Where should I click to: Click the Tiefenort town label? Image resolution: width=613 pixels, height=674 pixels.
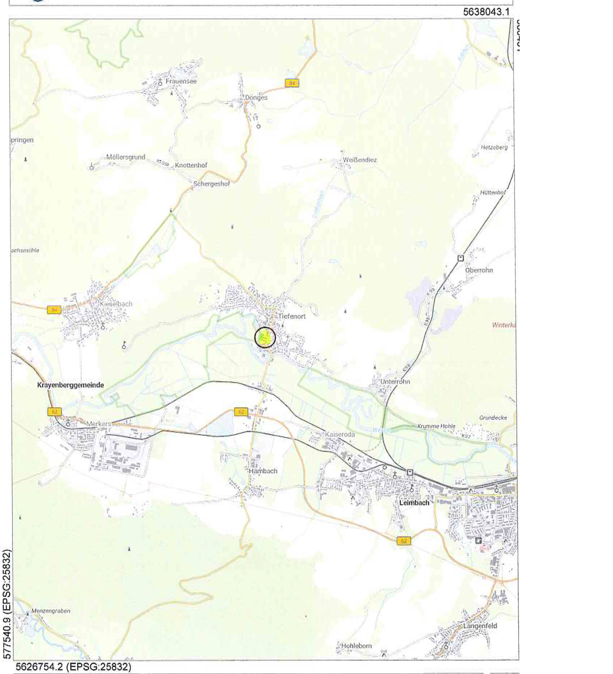[292, 316]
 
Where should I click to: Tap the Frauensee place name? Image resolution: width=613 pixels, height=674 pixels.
[181, 81]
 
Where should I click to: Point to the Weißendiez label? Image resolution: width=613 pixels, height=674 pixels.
[360, 160]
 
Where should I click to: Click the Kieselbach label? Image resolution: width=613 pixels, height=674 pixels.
[116, 304]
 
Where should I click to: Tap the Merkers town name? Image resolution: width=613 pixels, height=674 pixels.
[98, 424]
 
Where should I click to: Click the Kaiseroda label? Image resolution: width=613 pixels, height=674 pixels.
[340, 434]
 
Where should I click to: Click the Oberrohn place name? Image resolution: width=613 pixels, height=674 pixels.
[479, 270]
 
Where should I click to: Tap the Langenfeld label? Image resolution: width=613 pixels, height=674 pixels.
[480, 626]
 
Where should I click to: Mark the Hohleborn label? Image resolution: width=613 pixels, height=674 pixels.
[356, 646]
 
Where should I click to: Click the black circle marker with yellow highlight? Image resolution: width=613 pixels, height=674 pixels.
[265, 338]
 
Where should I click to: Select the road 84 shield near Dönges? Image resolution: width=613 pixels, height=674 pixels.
[292, 83]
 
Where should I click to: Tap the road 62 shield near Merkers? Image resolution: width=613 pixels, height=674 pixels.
[54, 412]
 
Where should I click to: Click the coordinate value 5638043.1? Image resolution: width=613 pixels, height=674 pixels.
[486, 12]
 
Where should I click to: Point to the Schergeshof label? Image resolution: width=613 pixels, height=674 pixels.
[211, 184]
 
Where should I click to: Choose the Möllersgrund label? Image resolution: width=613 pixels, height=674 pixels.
[126, 157]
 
